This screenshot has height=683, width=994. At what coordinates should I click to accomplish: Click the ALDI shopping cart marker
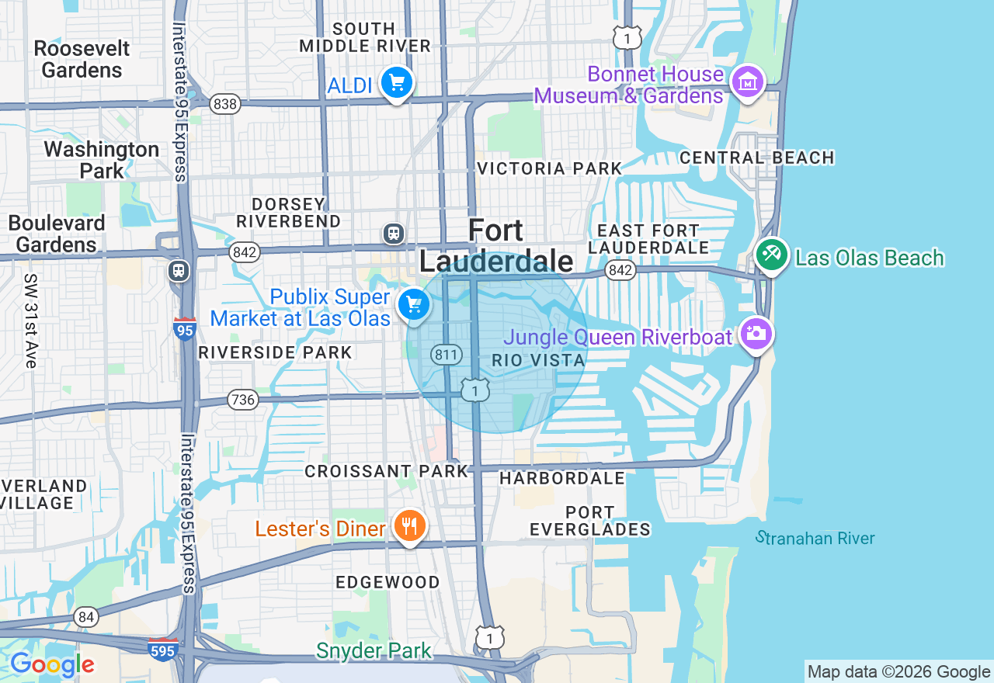[x=397, y=82]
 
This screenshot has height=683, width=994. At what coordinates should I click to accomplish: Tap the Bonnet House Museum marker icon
[x=748, y=81]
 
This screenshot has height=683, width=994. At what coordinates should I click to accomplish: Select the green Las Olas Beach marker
[x=771, y=255]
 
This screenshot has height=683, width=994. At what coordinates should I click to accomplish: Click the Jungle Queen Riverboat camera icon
[x=756, y=334]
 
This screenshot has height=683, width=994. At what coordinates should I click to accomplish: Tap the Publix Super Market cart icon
[x=414, y=304]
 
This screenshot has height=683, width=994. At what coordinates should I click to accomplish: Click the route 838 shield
[x=224, y=104]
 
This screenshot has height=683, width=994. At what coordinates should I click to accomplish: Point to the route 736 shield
[x=242, y=400]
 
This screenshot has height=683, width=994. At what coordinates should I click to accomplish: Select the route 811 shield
[x=447, y=355]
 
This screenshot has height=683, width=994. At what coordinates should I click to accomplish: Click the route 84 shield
[x=87, y=618]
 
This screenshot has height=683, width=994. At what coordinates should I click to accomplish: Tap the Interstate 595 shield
[x=162, y=649]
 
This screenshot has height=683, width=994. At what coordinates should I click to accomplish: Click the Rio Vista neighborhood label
[x=538, y=361]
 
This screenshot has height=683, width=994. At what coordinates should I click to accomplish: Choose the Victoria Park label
[x=550, y=168]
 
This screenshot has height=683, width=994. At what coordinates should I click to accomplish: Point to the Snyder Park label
[x=374, y=650]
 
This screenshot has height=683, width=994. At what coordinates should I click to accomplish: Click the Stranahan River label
[x=815, y=538]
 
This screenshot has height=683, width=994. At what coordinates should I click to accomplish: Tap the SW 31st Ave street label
[x=30, y=321]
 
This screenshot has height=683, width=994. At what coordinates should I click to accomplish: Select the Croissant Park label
[x=387, y=471]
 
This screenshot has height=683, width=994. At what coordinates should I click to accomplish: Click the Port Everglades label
[x=590, y=521]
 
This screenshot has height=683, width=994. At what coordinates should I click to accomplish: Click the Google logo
[x=52, y=664]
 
